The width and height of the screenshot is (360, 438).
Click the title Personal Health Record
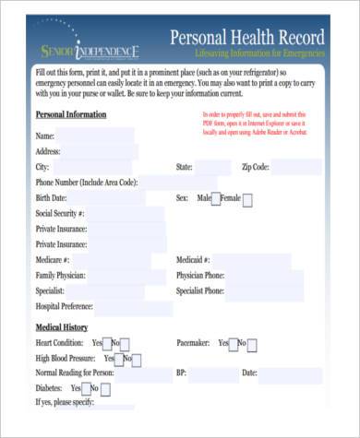coord(247,38)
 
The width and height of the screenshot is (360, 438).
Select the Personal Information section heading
coord(70,114)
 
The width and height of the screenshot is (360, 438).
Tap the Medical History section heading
coord(62,327)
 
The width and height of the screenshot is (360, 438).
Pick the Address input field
coord(102,151)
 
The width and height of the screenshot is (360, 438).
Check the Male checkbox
coord(216,198)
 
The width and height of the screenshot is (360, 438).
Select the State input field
coord(212,167)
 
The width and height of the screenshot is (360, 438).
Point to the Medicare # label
coord(53,260)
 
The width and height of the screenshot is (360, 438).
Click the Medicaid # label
coord(193,260)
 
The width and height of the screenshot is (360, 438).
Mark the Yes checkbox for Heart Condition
coord(108,344)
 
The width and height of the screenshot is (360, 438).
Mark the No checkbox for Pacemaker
coord(253,344)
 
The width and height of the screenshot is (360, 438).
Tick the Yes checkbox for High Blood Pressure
coord(120,359)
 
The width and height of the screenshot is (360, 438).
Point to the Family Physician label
coord(61,276)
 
